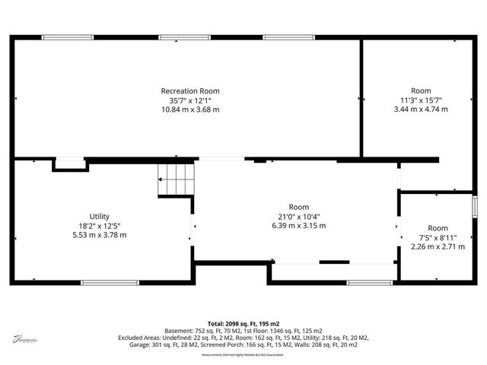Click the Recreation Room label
pyautogui.click(x=189, y=91)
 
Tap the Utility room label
pyautogui.click(x=100, y=216)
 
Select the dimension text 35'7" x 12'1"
pyautogui.click(x=189, y=100)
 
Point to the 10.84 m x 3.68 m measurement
pyautogui.click(x=189, y=109)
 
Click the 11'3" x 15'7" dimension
pyautogui.click(x=421, y=100)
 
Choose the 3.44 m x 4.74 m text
pyautogui.click(x=421, y=109)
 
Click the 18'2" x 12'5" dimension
pyautogui.click(x=100, y=225)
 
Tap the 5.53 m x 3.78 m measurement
pyautogui.click(x=100, y=234)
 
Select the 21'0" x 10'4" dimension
pyautogui.click(x=299, y=216)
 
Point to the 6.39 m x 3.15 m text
pyautogui.click(x=299, y=225)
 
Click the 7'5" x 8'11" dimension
pyautogui.click(x=438, y=237)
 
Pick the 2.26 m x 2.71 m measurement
pyautogui.click(x=438, y=246)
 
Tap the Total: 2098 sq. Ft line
pyautogui.click(x=243, y=324)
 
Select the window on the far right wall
pyautogui.click(x=474, y=206)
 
